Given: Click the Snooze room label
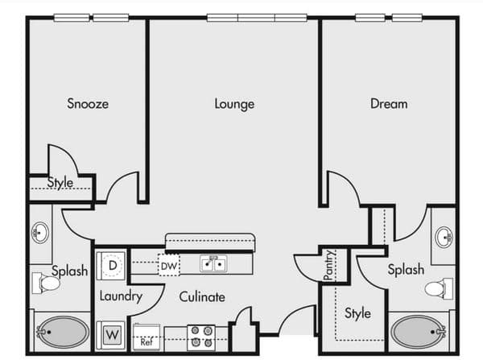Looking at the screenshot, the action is click(x=88, y=104).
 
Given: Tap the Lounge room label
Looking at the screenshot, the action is click(x=234, y=104).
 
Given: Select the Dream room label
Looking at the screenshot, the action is click(x=389, y=104).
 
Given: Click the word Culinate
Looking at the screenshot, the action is click(x=202, y=297).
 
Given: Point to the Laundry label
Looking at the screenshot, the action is click(x=121, y=296).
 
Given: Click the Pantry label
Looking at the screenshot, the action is click(x=329, y=265).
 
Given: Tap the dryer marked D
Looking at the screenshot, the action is click(x=111, y=266).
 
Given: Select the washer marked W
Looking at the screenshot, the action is click(x=111, y=335).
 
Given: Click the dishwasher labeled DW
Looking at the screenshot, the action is click(x=169, y=265).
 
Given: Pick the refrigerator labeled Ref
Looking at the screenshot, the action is click(x=147, y=337).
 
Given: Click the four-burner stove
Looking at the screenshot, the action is click(x=201, y=337).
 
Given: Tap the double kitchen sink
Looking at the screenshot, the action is click(x=213, y=264).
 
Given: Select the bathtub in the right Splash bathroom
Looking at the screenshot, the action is click(x=418, y=332).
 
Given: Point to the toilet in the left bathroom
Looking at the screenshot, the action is click(x=46, y=283).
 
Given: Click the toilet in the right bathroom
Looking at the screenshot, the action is click(x=439, y=288).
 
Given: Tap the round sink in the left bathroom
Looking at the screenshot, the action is click(x=40, y=233).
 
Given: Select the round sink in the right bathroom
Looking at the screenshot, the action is click(x=444, y=237).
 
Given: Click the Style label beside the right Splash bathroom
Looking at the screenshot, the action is click(x=357, y=313).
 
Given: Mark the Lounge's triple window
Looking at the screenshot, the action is click(x=257, y=18).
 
